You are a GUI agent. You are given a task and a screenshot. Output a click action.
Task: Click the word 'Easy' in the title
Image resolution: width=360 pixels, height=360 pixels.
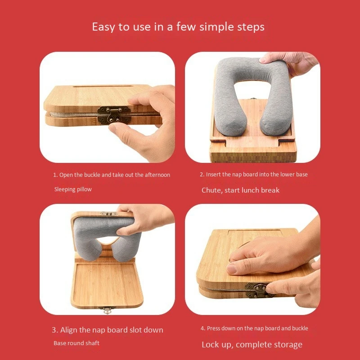tap(103, 27)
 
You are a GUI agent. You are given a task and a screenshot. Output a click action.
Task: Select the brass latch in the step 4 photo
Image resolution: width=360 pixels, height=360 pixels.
tap(259, 288)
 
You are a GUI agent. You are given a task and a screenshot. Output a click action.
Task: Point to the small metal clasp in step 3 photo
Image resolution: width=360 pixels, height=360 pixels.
tap(107, 310)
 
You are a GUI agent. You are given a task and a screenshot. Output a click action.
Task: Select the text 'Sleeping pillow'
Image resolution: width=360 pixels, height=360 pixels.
tap(73, 189)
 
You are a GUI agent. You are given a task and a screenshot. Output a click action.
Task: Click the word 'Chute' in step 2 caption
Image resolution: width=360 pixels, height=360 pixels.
tap(211, 190)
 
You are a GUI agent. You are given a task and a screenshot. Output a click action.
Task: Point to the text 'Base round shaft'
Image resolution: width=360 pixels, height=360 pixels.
tap(76, 343)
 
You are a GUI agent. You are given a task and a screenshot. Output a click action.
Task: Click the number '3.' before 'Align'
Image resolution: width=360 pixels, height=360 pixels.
tap(54, 330)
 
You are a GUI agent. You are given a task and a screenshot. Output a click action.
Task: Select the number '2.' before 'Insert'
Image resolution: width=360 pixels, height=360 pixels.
tap(202, 175)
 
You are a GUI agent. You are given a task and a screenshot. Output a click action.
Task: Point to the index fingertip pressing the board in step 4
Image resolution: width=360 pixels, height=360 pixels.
tap(233, 269)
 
